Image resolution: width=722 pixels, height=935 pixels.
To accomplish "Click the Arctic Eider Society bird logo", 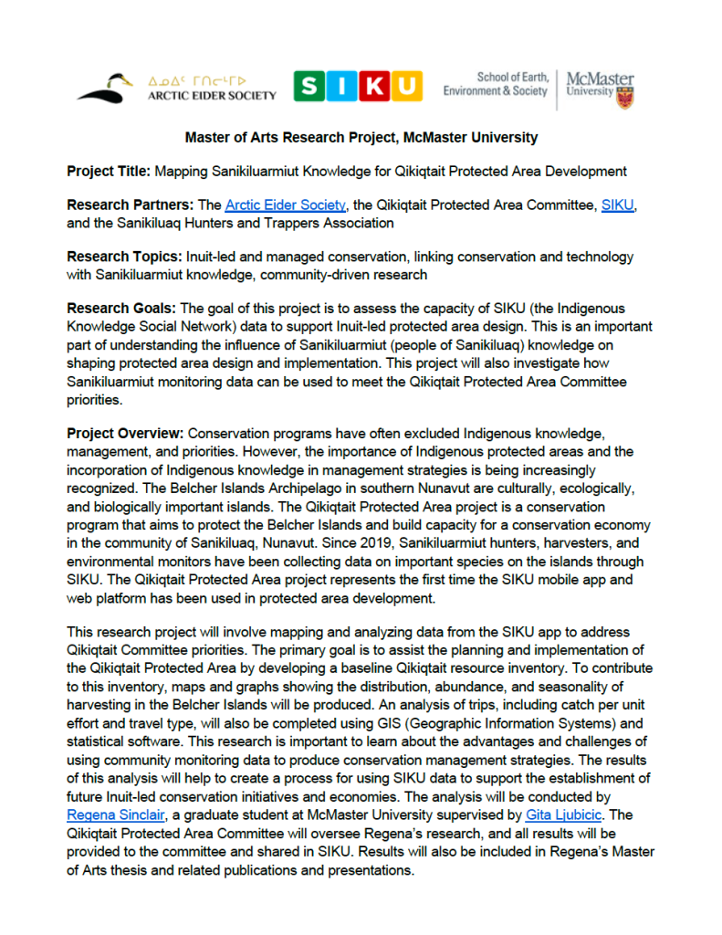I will point(108,88).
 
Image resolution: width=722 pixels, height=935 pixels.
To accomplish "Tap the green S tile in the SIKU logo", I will point(310,87).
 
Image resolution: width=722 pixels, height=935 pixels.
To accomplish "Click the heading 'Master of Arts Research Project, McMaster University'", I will point(361,138).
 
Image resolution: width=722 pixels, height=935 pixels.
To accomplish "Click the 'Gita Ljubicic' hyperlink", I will point(570,814).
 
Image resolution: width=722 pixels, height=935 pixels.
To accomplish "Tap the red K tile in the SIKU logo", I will point(374,87).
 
